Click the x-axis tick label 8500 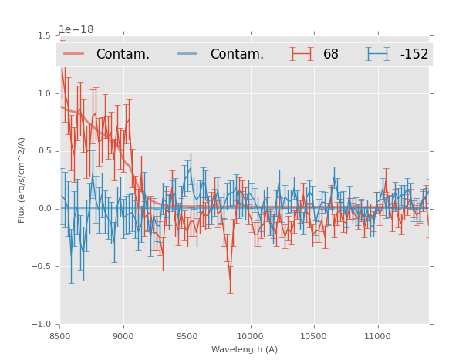60,336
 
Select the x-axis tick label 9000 123,336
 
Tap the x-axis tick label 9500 187,336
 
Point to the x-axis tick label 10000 250,336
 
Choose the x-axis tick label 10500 313,336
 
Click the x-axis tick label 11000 376,336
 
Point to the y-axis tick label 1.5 44,36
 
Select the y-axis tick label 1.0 44,93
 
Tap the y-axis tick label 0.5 44,151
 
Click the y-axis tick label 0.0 44,209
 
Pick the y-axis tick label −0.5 42,267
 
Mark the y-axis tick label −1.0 42,325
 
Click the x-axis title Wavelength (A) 245,349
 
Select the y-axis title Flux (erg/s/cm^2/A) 22,180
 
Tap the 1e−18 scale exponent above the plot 76,30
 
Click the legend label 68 331,55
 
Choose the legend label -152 414,55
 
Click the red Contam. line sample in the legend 74,54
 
